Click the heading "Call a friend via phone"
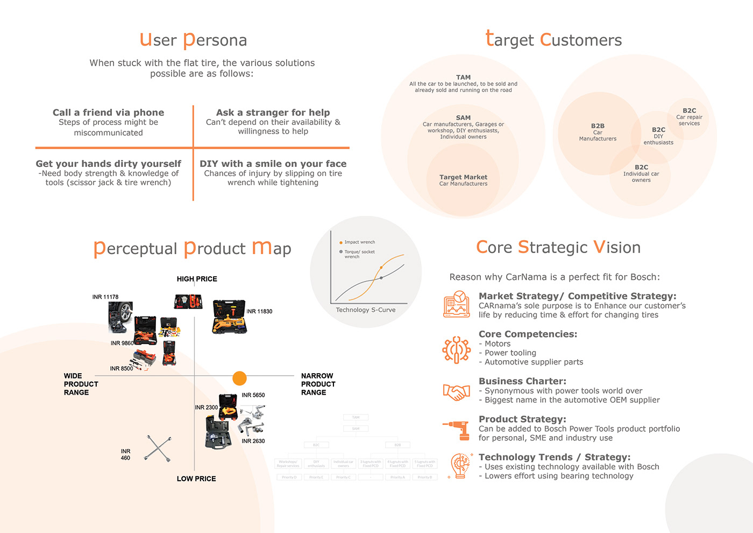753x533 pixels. point(108,113)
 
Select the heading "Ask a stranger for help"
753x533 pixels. point(273,113)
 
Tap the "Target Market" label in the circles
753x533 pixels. point(463,177)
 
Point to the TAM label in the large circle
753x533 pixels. point(463,78)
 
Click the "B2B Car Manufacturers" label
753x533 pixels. point(598,132)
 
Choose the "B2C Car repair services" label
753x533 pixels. point(689,117)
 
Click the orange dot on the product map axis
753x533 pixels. point(239,378)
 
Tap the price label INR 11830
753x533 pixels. point(259,312)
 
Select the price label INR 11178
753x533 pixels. point(105,297)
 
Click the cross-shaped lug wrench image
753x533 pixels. point(158,448)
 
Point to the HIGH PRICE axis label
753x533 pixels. point(197,279)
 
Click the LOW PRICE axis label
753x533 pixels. point(196,479)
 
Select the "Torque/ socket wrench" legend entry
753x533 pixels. point(359,254)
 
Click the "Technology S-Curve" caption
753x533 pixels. point(365,310)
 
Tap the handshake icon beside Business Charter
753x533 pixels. point(456,391)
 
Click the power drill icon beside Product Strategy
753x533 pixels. point(456,429)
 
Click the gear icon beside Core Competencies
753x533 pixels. point(456,350)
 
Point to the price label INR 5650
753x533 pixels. point(253,395)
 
